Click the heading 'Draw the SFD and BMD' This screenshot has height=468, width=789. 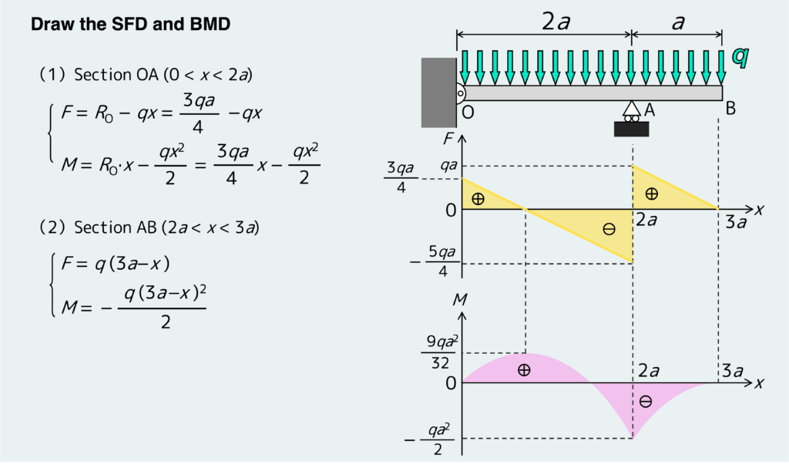coord(130,25)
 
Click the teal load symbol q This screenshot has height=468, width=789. coord(740,57)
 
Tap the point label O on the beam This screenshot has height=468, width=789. coord(468,113)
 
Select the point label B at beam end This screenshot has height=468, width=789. coord(730,109)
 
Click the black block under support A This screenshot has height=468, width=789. coord(631,129)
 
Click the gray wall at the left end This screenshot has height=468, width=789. coord(438,92)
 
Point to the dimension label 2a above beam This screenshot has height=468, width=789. coord(555,22)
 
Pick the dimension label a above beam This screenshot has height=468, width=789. coord(677,22)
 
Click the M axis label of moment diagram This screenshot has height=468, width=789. coord(460,299)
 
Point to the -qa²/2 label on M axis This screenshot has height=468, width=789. coord(435,439)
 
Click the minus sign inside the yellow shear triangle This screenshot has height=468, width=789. coord(609,229)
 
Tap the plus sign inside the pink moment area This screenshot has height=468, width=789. coord(524,370)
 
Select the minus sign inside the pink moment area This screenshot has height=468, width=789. coord(646,401)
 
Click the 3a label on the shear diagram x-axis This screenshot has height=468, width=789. coord(737,223)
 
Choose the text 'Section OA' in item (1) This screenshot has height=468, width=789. coord(103,75)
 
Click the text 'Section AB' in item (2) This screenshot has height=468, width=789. coord(104,227)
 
